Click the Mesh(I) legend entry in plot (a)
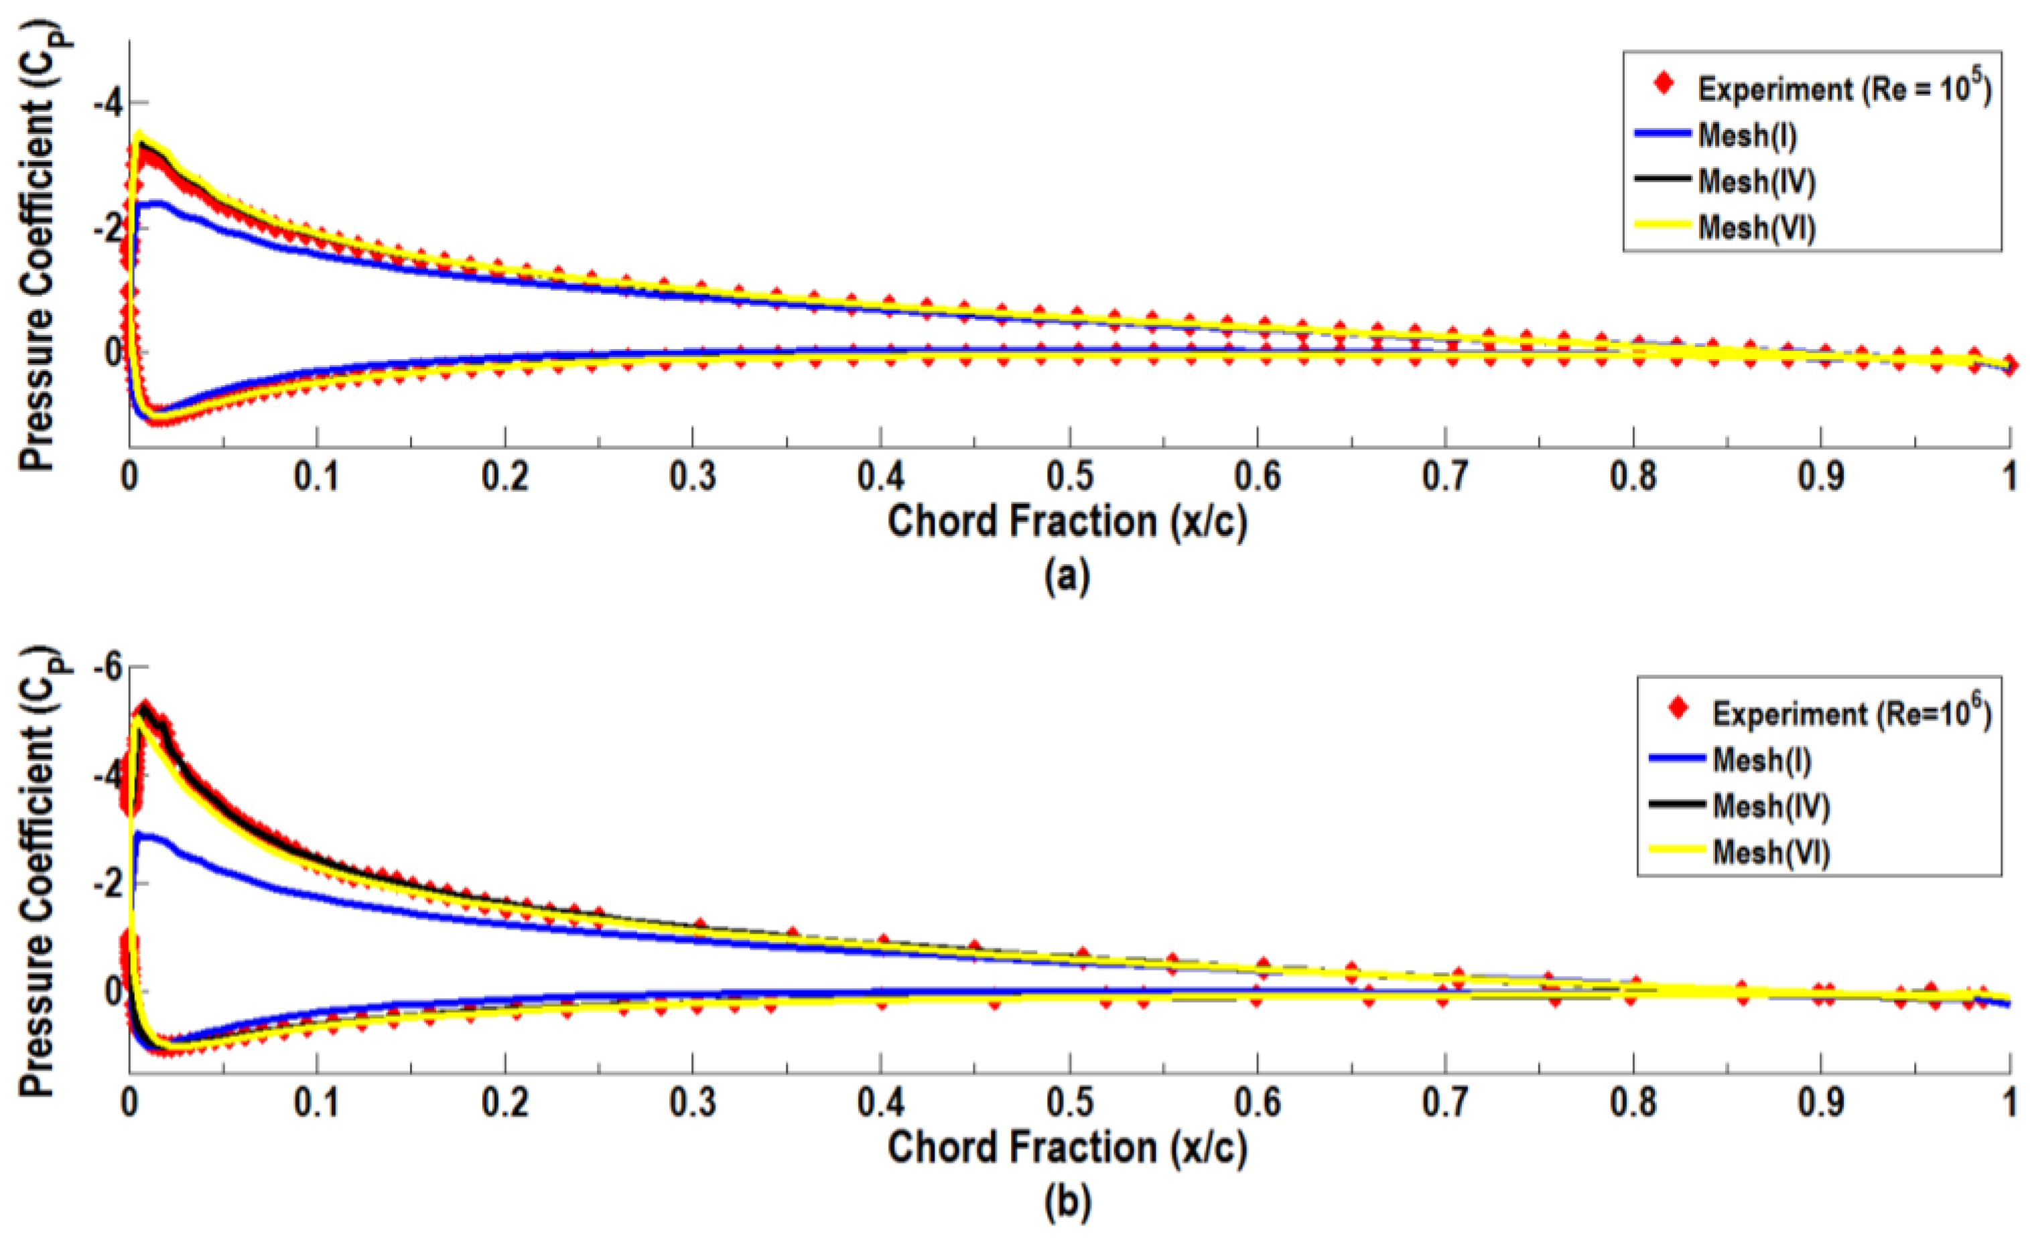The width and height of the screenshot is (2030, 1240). [x=1747, y=135]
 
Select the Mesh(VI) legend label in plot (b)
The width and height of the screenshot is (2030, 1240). [x=1771, y=852]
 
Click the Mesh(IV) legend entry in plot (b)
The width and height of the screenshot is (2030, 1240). [x=1771, y=805]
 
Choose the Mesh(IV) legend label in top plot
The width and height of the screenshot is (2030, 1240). [x=1757, y=182]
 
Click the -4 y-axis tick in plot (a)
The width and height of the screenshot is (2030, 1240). [x=107, y=104]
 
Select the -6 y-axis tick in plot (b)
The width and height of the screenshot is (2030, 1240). [x=107, y=667]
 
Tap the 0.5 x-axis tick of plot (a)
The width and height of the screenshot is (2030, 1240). [x=1069, y=477]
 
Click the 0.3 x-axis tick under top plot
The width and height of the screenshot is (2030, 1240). [x=693, y=477]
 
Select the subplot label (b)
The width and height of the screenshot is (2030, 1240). [x=1067, y=1202]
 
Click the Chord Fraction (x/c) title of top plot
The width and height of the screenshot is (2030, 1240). [x=1067, y=523]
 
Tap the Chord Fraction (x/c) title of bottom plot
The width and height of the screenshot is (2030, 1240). [x=1067, y=1148]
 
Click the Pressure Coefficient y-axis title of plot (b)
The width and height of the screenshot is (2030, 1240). [x=37, y=872]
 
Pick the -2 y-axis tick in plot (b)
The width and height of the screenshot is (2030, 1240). [x=107, y=885]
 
